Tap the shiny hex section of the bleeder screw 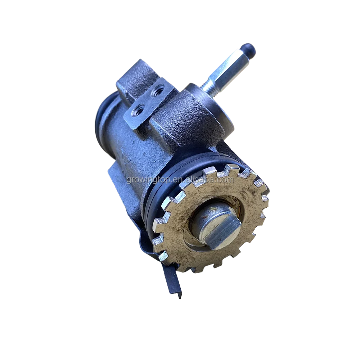(x=230, y=68)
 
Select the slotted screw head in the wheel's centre (x=216, y=225)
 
